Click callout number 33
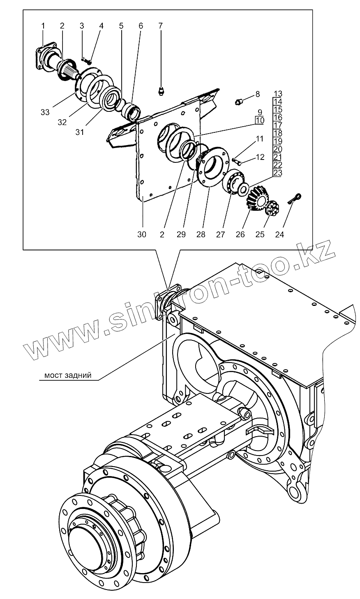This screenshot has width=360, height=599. point(45,112)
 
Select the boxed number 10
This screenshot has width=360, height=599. point(259,120)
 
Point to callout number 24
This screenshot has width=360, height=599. point(279,235)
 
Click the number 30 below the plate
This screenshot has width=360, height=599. point(142,235)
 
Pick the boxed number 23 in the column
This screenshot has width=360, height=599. point(278,173)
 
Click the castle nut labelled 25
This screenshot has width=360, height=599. point(272,208)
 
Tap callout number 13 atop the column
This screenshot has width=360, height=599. point(278,93)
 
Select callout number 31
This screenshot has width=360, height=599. point(80,132)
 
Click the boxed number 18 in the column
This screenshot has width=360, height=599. point(278,133)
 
